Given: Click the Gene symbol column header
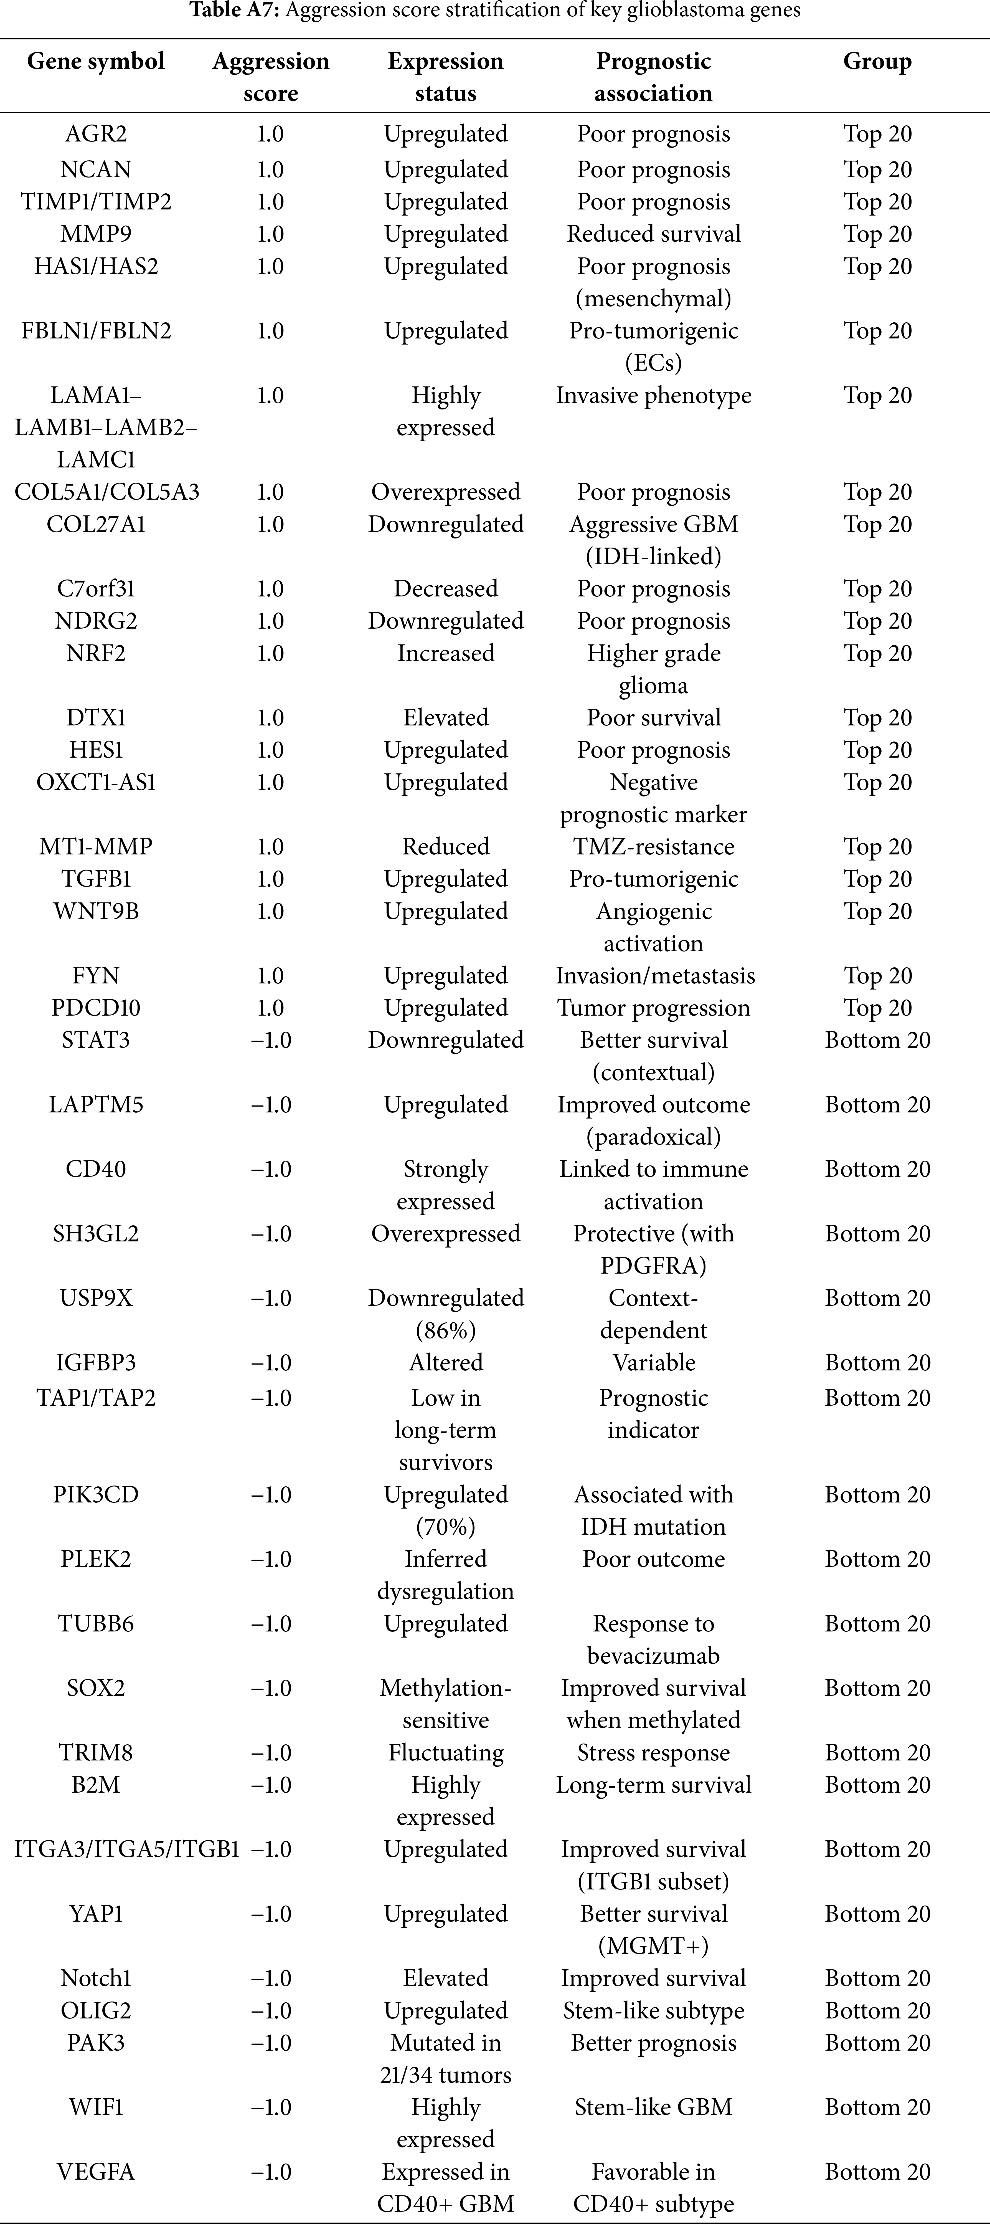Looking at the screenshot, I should coord(96,61).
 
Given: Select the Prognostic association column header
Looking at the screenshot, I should coord(653,77).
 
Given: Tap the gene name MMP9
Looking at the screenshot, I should coord(96,234).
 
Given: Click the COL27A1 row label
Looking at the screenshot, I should coord(96,524).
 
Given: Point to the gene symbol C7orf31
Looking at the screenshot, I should coord(96,589).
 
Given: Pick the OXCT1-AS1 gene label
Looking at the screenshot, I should coord(96,782).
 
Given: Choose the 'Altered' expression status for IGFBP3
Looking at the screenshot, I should coord(445,1362).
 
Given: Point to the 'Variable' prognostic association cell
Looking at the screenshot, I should coord(653,1362).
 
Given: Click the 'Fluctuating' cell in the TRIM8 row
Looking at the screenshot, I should coord(445,1753).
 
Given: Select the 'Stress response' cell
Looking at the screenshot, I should coord(653,1753).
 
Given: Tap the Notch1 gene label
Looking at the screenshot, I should coord(96,1978).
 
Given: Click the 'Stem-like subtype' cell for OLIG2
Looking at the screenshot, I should coord(653,2011).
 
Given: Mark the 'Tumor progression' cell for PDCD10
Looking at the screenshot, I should coord(653,1008).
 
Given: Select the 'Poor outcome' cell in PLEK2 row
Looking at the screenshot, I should coord(653,1559).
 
